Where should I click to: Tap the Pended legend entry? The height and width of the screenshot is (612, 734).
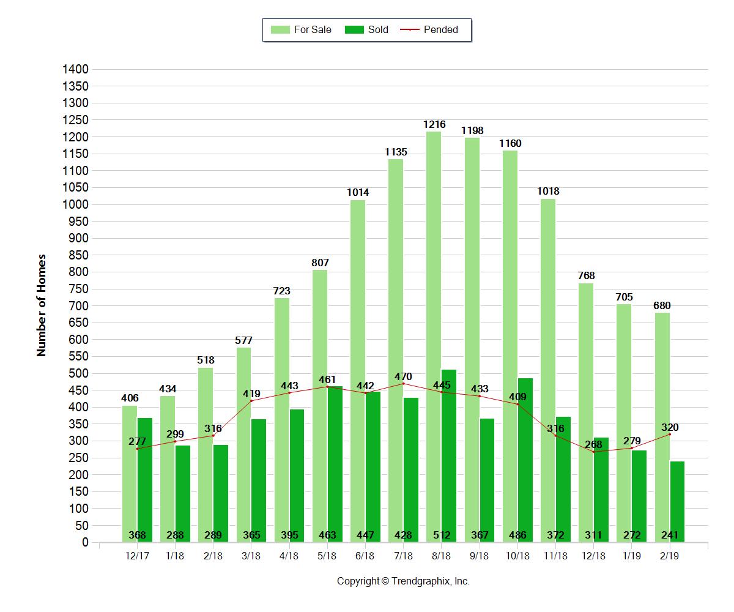(432, 29)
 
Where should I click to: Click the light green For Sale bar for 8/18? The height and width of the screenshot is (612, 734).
(434, 337)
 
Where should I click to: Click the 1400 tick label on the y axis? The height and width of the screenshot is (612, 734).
(76, 69)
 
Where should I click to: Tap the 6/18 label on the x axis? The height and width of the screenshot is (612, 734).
(365, 556)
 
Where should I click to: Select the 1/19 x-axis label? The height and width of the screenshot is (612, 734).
(632, 556)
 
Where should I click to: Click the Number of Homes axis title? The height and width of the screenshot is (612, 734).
(42, 305)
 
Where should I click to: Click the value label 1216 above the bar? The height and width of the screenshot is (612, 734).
(434, 125)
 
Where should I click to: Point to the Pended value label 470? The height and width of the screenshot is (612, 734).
(403, 376)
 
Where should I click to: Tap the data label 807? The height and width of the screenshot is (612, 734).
(320, 263)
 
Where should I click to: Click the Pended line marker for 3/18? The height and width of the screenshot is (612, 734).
(251, 401)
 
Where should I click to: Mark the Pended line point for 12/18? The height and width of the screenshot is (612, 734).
(593, 452)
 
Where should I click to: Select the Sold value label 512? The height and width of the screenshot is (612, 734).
(442, 535)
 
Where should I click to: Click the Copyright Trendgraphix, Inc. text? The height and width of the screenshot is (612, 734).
(403, 581)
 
